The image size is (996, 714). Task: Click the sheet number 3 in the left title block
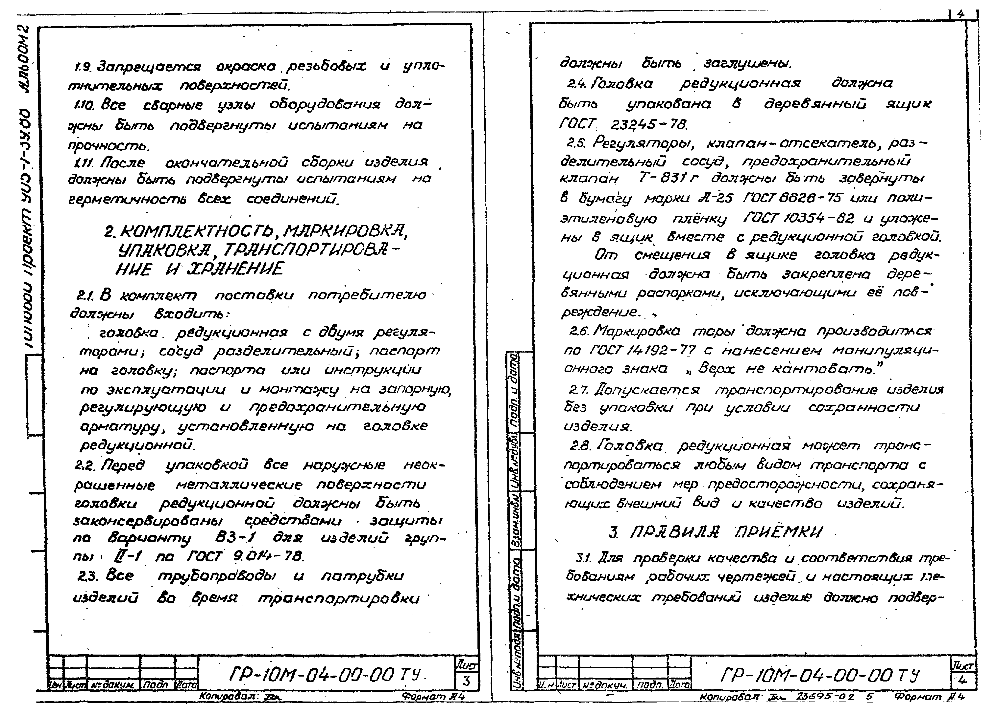tap(466, 681)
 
